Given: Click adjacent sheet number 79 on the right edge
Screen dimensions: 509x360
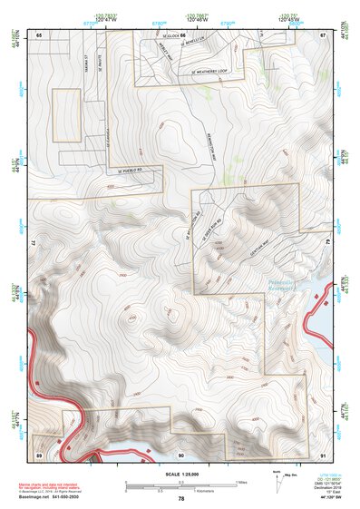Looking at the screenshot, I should tap(328, 243).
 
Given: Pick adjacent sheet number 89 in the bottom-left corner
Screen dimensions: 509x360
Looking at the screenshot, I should tap(39, 453).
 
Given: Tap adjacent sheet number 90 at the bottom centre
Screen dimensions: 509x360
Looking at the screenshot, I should tap(181, 453).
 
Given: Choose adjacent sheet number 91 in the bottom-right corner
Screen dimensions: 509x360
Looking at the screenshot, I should tap(324, 453).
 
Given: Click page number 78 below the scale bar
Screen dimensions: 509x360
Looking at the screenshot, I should tap(181, 499).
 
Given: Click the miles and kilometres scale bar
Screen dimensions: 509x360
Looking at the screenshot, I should tap(181, 485).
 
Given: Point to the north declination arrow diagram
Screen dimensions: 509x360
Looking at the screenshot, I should tap(277, 479).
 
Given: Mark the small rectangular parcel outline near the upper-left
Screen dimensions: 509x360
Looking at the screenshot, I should tap(66, 115).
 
